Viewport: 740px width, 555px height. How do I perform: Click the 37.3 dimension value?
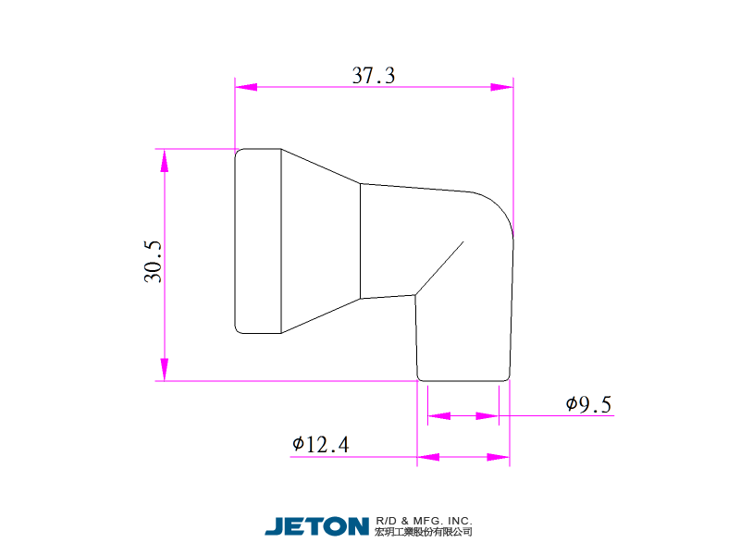click(x=374, y=76)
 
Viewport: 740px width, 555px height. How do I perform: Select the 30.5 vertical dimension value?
click(x=153, y=262)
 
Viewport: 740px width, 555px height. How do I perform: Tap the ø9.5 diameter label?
click(x=588, y=404)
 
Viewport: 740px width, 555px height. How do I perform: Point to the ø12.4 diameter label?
click(x=320, y=445)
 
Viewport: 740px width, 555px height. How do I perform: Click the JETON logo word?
click(x=316, y=526)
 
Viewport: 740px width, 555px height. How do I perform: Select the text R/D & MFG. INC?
click(x=424, y=521)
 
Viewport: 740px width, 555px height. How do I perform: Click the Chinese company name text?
click(x=424, y=532)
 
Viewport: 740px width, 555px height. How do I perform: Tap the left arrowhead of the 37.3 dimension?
click(x=246, y=87)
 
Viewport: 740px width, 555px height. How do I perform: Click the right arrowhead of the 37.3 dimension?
click(x=502, y=87)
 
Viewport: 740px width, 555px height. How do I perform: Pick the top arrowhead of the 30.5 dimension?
click(x=165, y=160)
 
